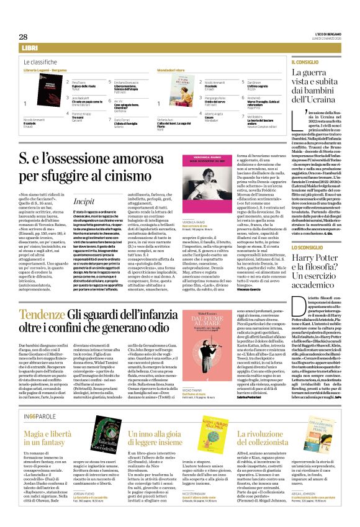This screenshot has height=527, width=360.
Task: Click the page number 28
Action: [x=23, y=37]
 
